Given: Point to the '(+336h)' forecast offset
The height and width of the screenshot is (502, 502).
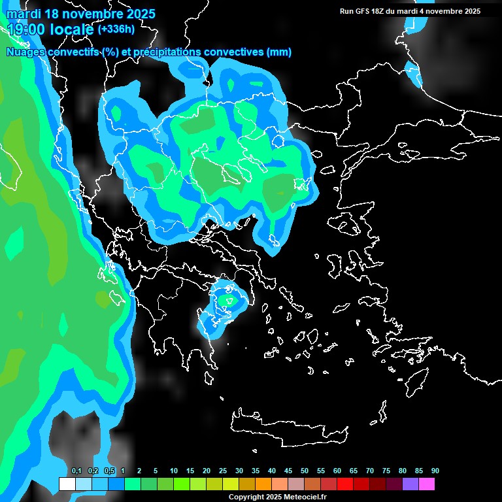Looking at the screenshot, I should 117,29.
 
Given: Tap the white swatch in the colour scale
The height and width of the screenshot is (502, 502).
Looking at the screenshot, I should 67,484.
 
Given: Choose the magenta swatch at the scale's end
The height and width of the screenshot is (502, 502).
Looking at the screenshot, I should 427,484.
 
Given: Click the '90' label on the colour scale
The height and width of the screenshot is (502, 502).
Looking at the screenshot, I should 435,471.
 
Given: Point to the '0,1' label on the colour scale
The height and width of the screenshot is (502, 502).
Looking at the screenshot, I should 76,471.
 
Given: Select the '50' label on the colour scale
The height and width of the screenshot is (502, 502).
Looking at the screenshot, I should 305,471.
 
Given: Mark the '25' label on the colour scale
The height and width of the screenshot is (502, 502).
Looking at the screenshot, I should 223,471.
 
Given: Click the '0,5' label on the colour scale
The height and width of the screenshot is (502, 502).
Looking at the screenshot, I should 109,471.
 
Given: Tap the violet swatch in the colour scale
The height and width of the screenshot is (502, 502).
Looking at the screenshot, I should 410,484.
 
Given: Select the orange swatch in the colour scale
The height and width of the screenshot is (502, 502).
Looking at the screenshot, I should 263,484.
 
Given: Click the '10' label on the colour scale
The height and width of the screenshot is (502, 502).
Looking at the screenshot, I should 174,471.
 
